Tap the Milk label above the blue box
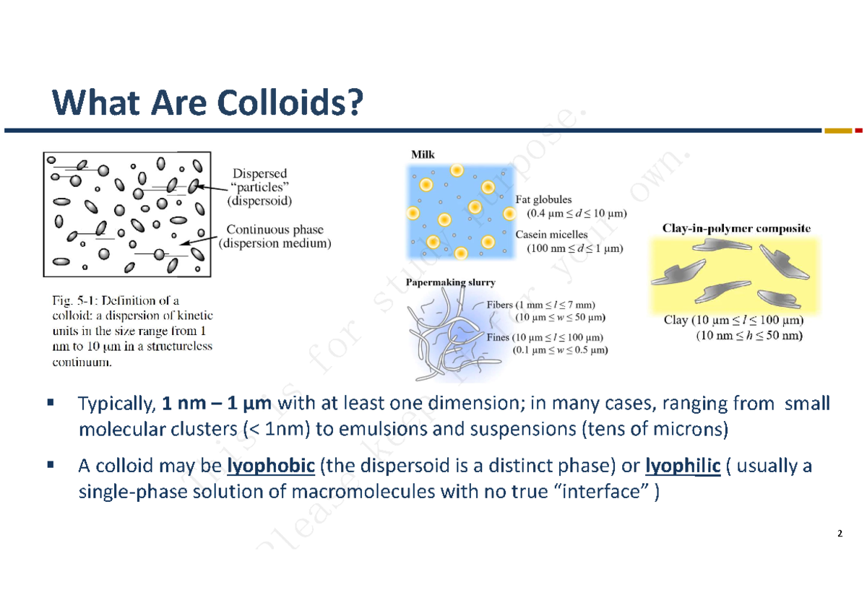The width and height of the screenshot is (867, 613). coord(423,155)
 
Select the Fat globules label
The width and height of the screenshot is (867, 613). coord(543,199)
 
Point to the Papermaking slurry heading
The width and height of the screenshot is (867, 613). coord(450,282)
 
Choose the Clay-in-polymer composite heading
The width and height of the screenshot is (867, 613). coord(736,228)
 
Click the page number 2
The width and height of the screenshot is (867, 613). coord(840,534)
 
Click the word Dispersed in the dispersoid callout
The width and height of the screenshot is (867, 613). coord(259,173)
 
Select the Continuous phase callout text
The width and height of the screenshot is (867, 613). coord(275,230)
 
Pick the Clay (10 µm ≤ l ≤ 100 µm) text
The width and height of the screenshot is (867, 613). coord(733,321)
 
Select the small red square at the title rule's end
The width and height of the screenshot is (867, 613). coord(858,131)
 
